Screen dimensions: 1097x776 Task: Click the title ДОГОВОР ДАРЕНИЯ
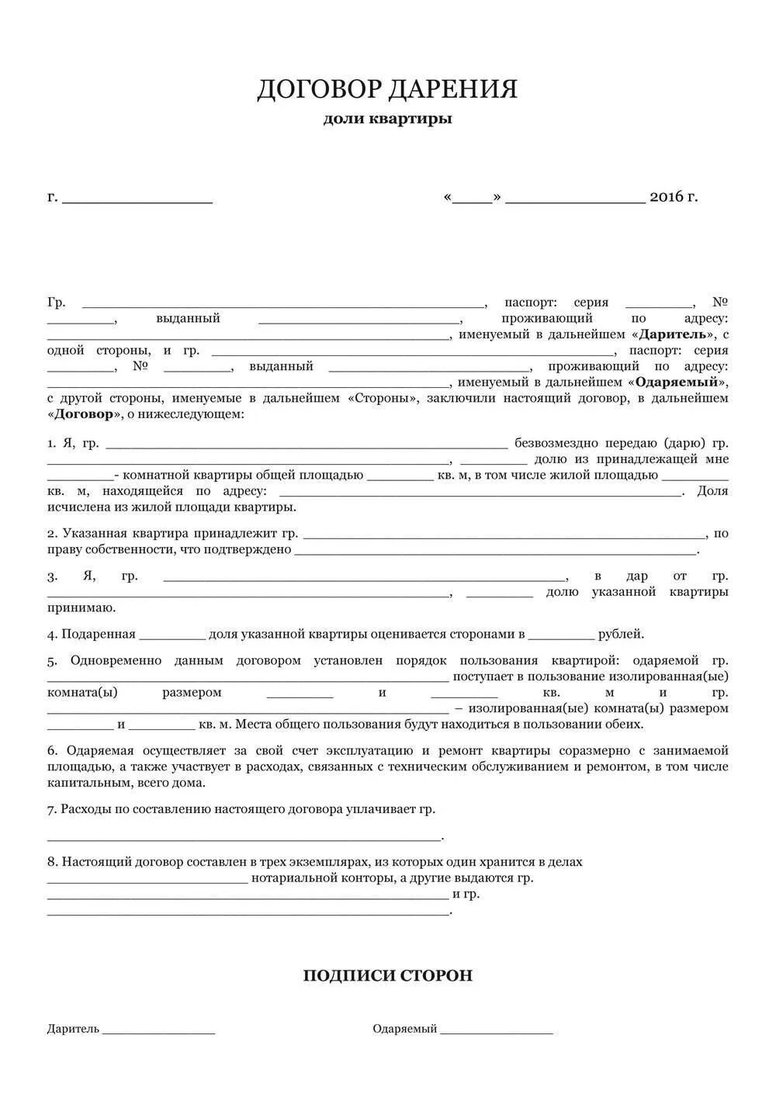[387, 89]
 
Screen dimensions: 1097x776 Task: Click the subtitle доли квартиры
[387, 119]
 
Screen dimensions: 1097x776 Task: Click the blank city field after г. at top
[137, 198]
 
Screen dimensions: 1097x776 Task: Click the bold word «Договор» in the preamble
[85, 414]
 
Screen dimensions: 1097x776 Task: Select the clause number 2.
[51, 534]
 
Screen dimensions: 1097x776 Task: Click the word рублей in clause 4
[621, 634]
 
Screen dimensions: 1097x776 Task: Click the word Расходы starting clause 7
[85, 809]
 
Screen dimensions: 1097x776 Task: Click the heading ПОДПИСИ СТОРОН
[387, 975]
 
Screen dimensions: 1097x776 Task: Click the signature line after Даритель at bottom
[158, 1031]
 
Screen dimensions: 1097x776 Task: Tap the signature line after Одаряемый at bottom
[497, 1031]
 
